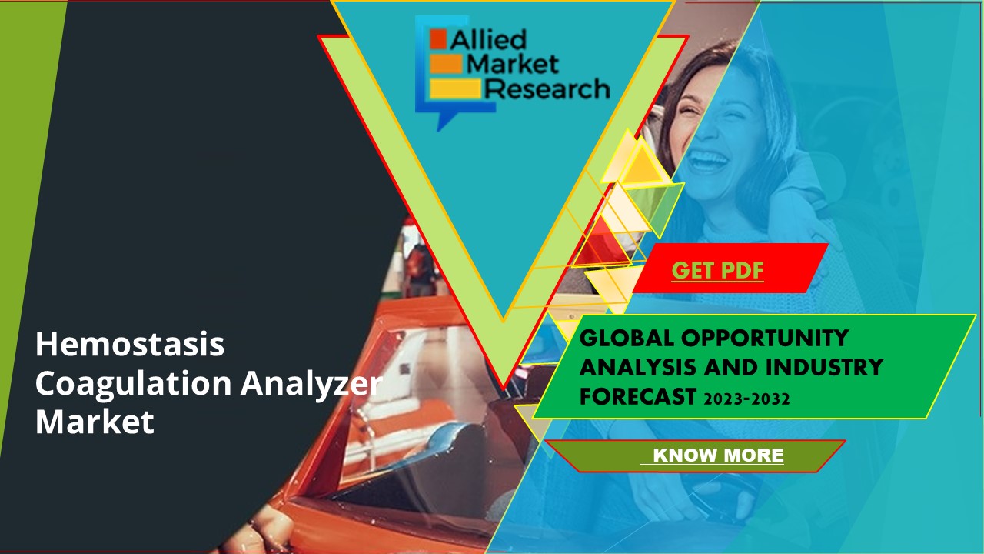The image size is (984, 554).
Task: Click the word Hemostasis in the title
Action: pyautogui.click(x=130, y=344)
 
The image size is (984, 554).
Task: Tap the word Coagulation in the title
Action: pyautogui.click(x=132, y=384)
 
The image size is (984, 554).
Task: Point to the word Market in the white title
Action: pyautogui.click(x=95, y=422)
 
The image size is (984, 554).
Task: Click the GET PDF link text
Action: pyautogui.click(x=717, y=270)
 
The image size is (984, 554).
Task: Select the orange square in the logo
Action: pyautogui.click(x=438, y=38)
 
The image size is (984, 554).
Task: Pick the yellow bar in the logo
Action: pyautogui.click(x=454, y=89)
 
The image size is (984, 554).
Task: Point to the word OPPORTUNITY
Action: pyautogui.click(x=765, y=338)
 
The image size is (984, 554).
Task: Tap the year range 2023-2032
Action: pyautogui.click(x=743, y=398)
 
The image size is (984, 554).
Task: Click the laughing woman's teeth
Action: pyautogui.click(x=708, y=159)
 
